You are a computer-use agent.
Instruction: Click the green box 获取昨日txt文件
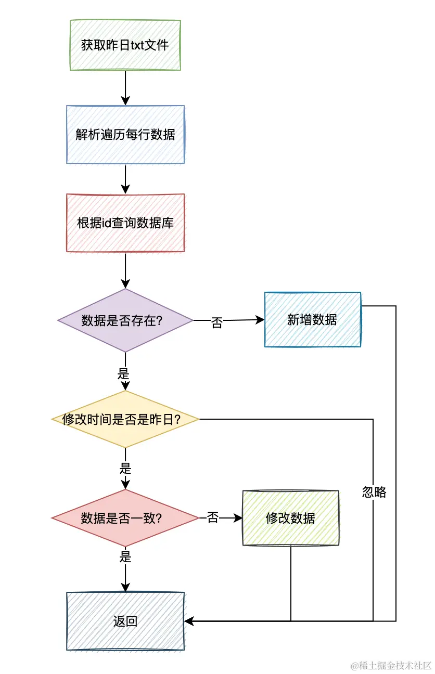coord(125,45)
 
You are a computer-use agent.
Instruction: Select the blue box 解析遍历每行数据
coord(125,135)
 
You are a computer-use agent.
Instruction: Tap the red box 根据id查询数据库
coord(125,223)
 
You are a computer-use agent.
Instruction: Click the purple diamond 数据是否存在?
coord(125,320)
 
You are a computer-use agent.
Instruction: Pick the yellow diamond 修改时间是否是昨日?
coord(125,419)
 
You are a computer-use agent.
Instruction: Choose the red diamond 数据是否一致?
coord(125,518)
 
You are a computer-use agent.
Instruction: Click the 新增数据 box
coord(312,319)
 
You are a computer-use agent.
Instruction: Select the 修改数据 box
coord(290,518)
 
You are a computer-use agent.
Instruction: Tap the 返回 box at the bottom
coord(125,621)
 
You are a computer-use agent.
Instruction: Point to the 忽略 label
coord(374,492)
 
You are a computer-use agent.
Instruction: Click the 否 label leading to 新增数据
coord(216,322)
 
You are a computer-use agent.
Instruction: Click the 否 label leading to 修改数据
coord(212,518)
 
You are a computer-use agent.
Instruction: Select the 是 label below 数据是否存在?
coord(124,373)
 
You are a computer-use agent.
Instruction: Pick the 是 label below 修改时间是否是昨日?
coord(125,468)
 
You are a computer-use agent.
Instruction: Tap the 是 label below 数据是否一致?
coord(125,558)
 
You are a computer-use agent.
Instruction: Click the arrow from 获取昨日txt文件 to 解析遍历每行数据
coord(125,88)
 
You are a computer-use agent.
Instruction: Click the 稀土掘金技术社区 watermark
coord(391,665)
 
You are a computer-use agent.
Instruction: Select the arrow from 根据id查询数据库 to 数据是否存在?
coord(125,270)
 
